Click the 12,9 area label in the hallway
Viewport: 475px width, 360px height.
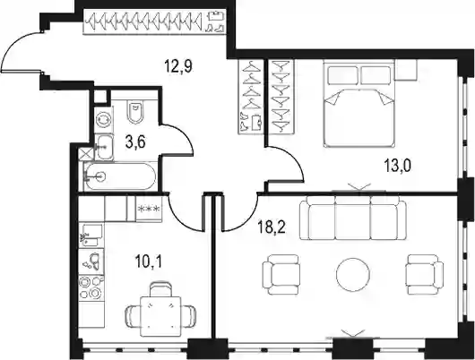coord(178,66)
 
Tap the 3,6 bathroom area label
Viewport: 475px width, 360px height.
coord(135,141)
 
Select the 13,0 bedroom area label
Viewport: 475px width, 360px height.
coord(397,166)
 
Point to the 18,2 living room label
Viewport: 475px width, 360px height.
coord(272,227)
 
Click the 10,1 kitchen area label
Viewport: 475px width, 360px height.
coord(149,261)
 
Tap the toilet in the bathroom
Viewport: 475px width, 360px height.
coord(135,111)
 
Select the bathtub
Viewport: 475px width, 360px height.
coord(120,176)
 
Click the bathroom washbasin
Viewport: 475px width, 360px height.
coord(104,147)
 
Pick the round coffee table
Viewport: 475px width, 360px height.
coord(353,275)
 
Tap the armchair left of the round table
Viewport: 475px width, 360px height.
coord(281,275)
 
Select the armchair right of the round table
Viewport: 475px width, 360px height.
coord(425,275)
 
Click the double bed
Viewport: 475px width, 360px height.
coord(359,104)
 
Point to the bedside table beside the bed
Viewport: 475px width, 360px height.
coord(406,70)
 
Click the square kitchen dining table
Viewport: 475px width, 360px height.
coord(160,317)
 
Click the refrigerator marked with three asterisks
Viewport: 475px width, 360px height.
coord(149,209)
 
